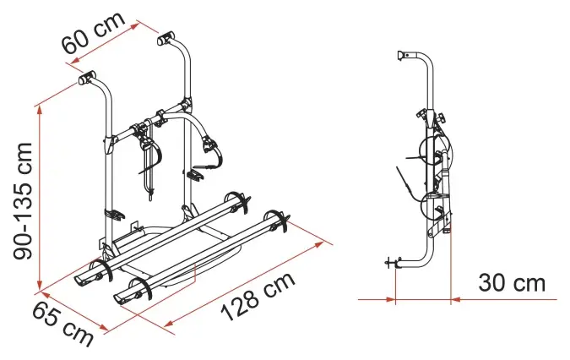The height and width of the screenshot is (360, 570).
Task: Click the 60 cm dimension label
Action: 94,33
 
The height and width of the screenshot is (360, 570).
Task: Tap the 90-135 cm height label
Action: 23,201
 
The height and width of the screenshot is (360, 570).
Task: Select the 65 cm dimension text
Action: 62,325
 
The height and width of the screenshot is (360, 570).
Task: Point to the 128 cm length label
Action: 258,297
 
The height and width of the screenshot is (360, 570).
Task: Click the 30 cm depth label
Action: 512,283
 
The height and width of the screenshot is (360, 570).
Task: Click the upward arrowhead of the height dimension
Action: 39,111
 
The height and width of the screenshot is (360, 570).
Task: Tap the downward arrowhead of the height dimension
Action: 39,286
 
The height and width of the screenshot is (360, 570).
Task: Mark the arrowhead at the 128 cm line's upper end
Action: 319,243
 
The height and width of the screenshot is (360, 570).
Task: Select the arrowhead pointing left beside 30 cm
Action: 455,300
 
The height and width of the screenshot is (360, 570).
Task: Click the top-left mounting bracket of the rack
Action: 87,77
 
